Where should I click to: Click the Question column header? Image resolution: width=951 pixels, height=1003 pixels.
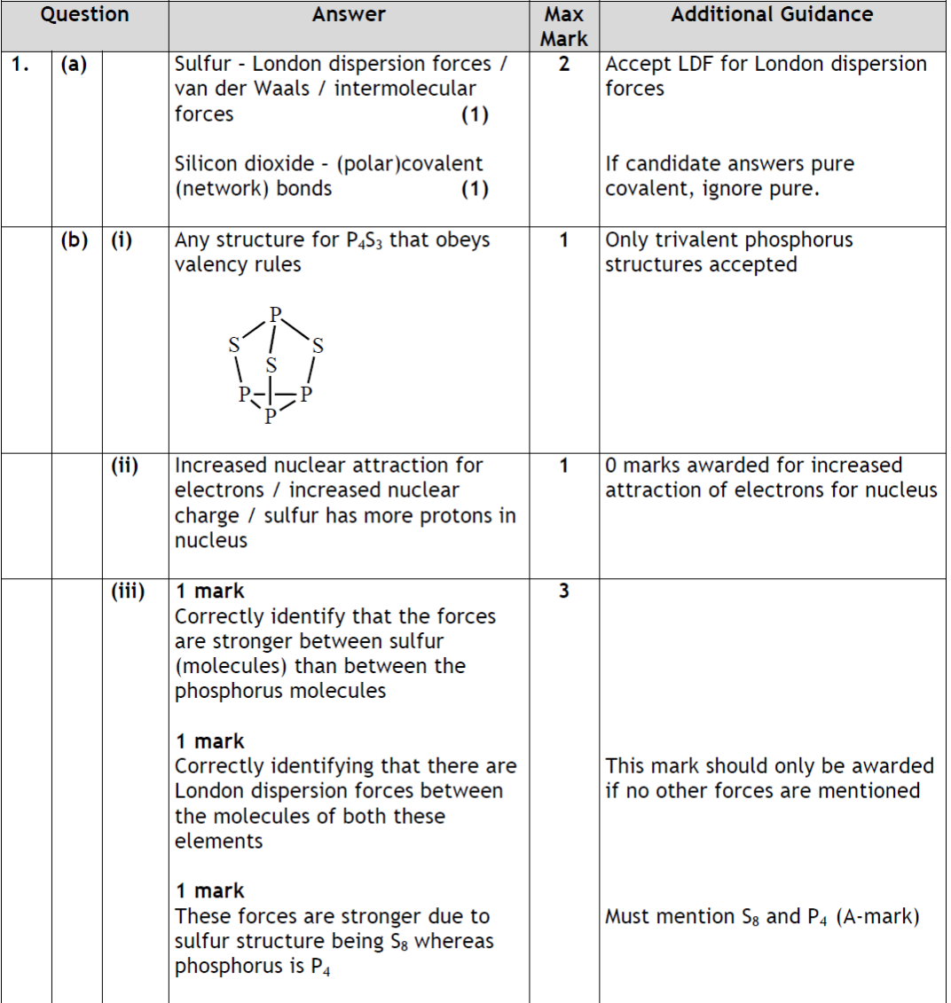(x=85, y=14)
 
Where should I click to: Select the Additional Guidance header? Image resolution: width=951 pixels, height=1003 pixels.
(x=772, y=14)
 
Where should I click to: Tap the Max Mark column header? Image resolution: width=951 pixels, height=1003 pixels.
(x=563, y=27)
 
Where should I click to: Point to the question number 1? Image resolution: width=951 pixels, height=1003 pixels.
(x=22, y=65)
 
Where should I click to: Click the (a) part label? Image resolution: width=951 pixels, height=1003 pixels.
(x=75, y=65)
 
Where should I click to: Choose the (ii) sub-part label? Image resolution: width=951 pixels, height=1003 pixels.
(x=122, y=466)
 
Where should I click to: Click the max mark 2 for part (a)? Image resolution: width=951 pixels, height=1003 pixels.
(x=564, y=65)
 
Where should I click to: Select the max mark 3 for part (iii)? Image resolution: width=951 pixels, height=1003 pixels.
(x=564, y=592)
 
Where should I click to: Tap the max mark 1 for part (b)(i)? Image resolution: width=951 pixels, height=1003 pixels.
(x=564, y=240)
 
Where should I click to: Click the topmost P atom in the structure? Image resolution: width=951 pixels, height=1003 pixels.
(x=275, y=314)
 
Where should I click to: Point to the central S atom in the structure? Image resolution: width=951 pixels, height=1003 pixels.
(x=272, y=364)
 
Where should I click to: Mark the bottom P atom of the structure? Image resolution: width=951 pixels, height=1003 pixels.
(x=271, y=416)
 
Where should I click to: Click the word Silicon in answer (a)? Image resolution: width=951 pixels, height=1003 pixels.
(x=205, y=164)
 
